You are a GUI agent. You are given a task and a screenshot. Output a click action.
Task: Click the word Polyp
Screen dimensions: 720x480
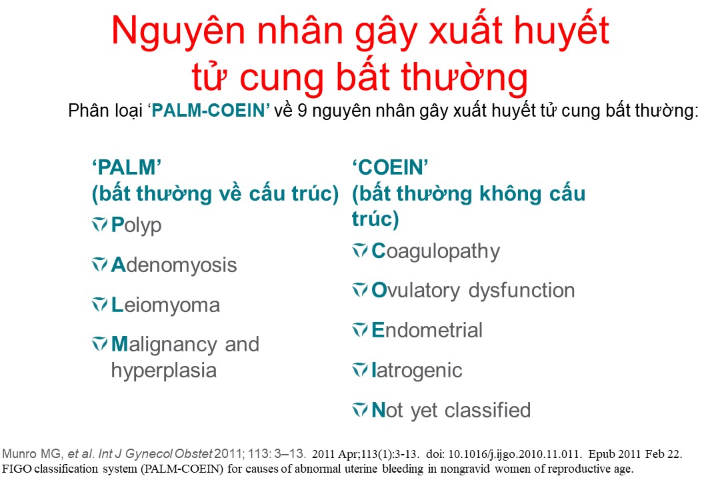click(137, 225)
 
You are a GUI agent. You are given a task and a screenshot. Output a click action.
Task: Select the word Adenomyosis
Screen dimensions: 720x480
click(174, 265)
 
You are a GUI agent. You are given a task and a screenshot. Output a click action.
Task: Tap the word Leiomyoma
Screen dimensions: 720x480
click(166, 305)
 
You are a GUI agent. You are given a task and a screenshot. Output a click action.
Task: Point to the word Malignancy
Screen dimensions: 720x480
click(164, 345)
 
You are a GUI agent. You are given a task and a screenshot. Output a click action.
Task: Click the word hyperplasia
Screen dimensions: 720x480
click(164, 371)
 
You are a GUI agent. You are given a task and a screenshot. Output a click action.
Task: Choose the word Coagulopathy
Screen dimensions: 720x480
click(436, 252)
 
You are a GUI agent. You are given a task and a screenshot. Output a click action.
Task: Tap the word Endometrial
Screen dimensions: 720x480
click(427, 330)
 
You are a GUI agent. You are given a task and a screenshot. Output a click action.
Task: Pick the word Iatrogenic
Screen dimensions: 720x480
click(417, 371)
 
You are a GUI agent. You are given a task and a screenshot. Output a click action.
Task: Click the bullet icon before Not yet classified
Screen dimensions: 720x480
click(359, 410)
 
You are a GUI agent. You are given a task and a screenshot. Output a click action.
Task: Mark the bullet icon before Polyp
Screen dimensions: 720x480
click(99, 225)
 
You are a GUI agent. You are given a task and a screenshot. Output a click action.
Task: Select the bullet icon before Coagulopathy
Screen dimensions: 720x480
click(359, 251)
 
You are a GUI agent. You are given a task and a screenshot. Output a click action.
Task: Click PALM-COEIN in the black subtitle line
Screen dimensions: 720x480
click(209, 111)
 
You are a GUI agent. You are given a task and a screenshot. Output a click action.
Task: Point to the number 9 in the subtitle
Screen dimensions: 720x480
click(302, 111)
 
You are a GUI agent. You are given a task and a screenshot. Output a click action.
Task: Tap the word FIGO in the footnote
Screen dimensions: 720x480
click(17, 469)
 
